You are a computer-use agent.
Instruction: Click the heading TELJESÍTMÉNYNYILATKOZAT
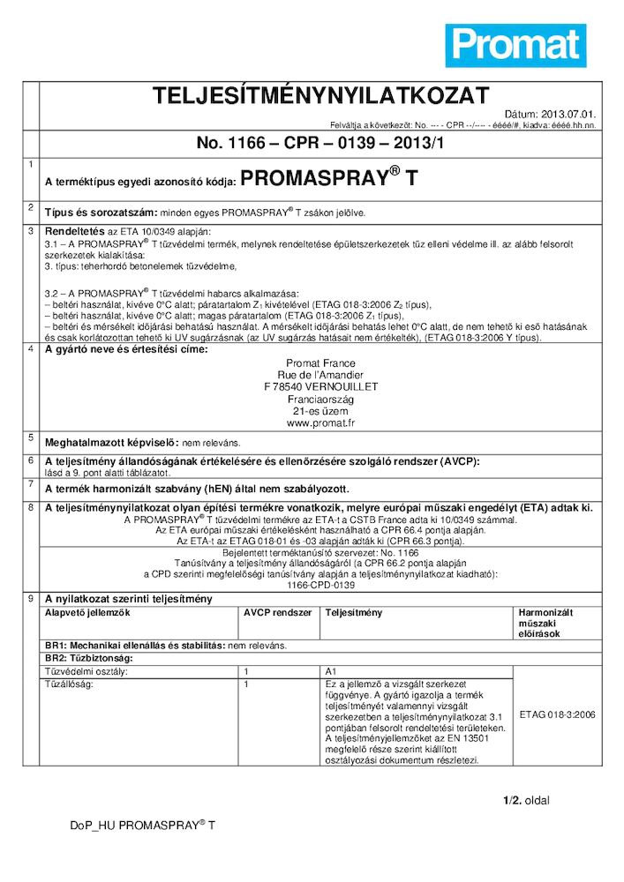(x=320, y=96)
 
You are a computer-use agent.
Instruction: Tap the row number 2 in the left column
(x=31, y=207)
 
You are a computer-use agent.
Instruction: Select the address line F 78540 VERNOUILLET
(x=321, y=386)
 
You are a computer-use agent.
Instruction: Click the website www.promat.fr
(x=321, y=422)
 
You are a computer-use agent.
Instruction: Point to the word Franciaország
(x=321, y=399)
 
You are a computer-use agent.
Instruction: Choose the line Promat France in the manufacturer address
(x=321, y=363)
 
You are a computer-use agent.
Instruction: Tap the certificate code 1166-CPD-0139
(x=321, y=585)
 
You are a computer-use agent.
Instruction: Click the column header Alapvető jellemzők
(x=87, y=611)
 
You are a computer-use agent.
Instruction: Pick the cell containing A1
(x=332, y=671)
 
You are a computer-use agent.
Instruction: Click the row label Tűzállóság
(x=70, y=684)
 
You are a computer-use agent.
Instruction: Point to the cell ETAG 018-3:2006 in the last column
(x=558, y=714)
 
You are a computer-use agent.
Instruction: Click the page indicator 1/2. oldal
(x=526, y=800)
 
